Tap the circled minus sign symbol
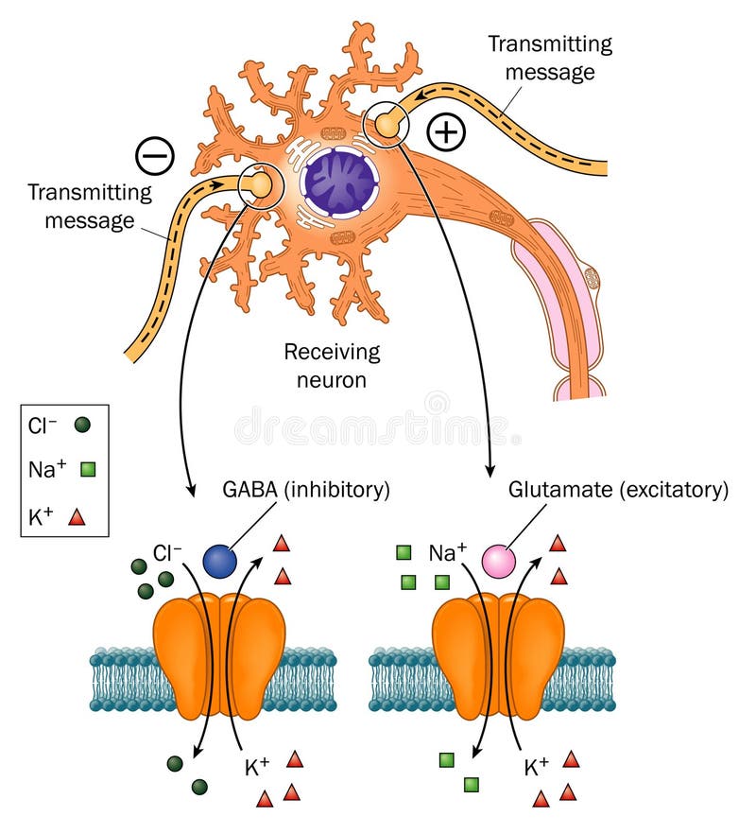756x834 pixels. pos(154,155)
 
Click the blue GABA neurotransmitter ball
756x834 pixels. pos(219,562)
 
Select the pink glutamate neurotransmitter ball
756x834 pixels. pos(499,562)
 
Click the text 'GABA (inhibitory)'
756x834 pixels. pos(306,490)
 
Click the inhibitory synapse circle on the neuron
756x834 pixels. pos(259,185)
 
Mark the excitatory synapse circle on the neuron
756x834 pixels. pos(386,124)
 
